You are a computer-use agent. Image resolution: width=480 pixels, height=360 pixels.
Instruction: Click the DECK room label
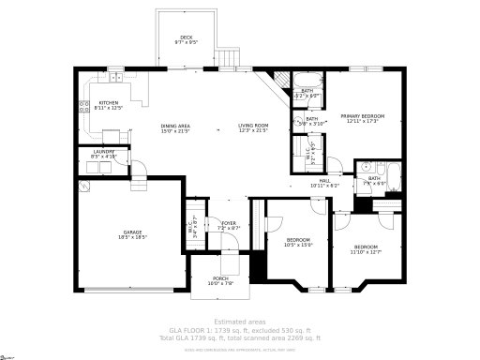click(186, 37)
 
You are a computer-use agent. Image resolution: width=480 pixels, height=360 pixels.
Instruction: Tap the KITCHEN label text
click(109, 102)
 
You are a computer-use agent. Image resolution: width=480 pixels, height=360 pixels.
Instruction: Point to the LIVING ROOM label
click(252, 126)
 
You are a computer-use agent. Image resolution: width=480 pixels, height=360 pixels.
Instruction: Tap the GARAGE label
click(132, 232)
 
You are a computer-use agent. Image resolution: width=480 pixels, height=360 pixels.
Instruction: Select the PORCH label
click(220, 278)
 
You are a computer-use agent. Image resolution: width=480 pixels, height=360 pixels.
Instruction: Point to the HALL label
click(324, 181)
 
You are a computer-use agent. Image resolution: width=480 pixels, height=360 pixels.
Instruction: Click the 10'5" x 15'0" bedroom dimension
click(298, 244)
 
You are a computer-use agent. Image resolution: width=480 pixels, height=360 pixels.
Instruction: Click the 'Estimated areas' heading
click(239, 322)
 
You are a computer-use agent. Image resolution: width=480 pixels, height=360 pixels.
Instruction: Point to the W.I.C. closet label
click(316, 150)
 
